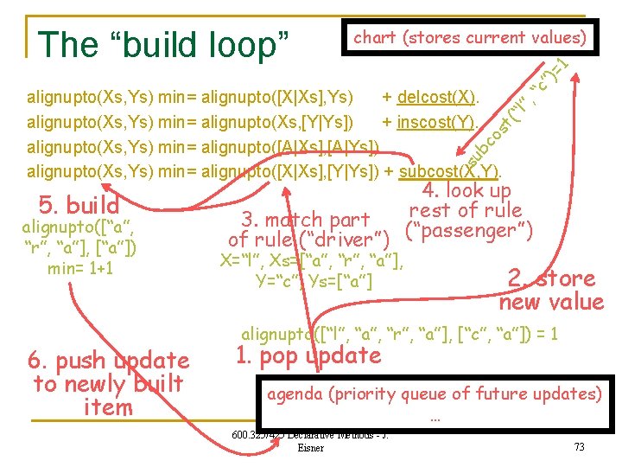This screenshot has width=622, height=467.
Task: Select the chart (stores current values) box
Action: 470,37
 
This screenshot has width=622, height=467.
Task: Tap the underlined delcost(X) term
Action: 439,94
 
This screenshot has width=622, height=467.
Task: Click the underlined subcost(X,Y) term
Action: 450,170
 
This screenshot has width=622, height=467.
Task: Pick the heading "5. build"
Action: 79,206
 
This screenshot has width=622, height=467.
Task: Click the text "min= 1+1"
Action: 79,269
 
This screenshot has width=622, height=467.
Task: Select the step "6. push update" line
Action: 109,361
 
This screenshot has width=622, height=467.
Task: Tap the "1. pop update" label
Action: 308,355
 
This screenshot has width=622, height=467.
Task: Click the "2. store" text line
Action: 551,278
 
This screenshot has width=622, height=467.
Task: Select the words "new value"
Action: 551,302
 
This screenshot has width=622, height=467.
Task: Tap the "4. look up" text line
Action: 466,191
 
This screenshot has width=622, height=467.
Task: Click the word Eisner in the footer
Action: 310,448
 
